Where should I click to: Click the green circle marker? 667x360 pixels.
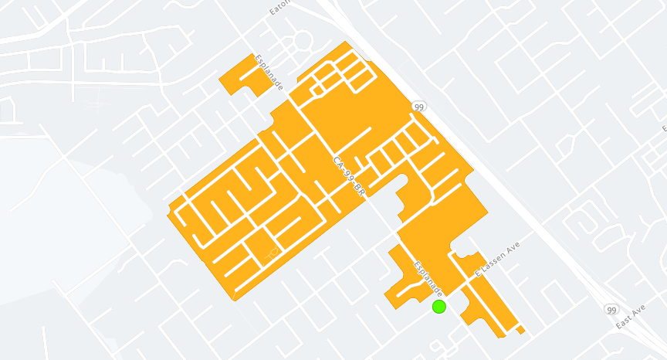click(439, 307)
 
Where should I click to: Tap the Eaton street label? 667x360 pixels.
click(279, 8)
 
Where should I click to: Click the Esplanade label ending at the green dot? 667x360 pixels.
click(428, 278)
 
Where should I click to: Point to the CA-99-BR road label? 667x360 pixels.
click(348, 180)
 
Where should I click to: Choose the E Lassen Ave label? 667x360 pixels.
click(498, 259)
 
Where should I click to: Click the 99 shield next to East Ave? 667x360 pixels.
click(611, 309)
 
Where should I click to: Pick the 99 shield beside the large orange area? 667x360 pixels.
click(418, 107)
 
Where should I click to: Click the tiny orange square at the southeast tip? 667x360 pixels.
click(521, 330)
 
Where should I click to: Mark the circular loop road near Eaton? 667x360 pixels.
click(303, 40)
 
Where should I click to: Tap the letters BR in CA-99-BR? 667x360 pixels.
click(357, 194)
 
